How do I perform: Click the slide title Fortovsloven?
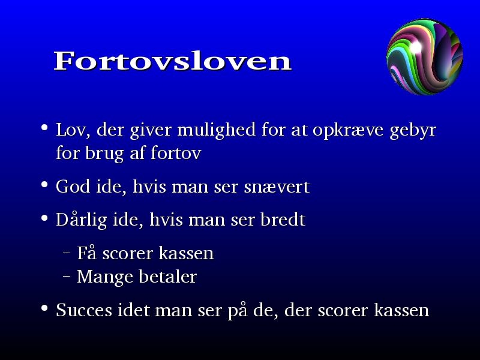(173, 61)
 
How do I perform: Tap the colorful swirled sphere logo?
(425, 56)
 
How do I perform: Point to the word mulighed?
(216, 130)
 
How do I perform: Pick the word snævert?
(277, 187)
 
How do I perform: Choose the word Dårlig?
(82, 220)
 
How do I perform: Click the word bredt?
(283, 219)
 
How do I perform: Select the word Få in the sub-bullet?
(86, 253)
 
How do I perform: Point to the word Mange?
(104, 277)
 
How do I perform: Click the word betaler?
(167, 277)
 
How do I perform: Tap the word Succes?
(84, 310)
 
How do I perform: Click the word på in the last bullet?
(237, 311)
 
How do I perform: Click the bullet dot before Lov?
(44, 127)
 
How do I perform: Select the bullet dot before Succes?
(44, 308)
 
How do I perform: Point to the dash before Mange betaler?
(66, 276)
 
